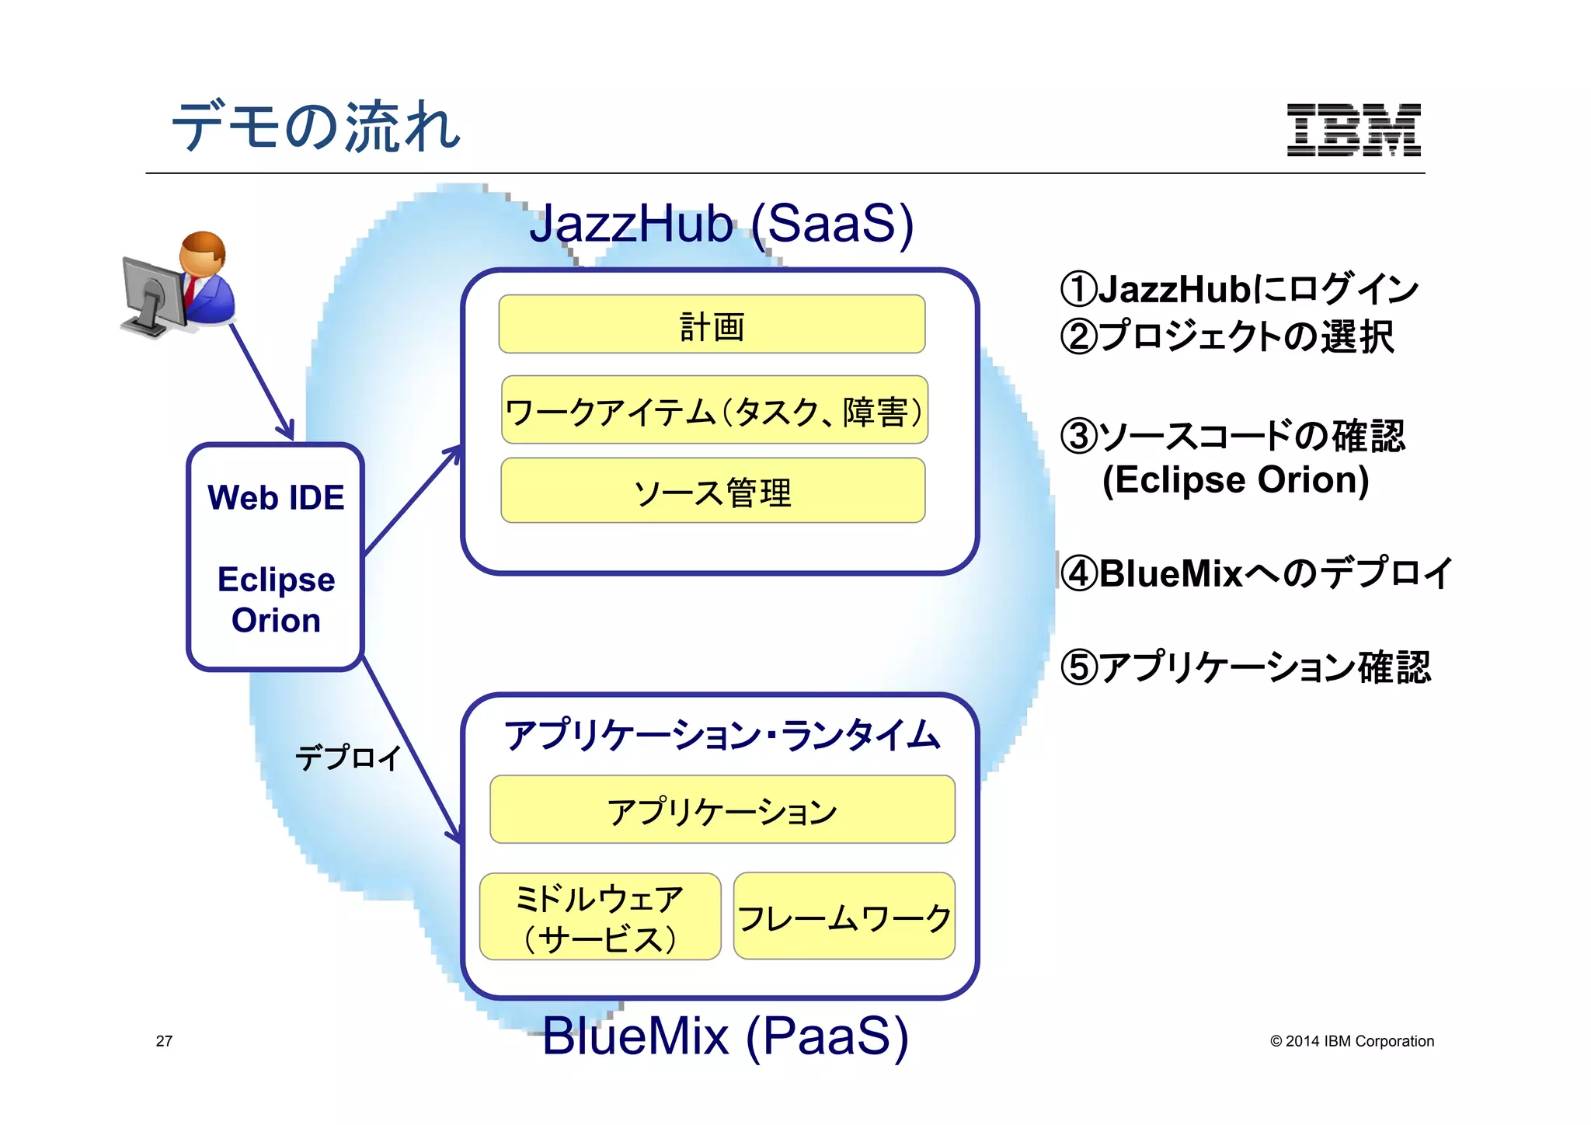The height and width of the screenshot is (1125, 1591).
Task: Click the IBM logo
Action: coord(1353,130)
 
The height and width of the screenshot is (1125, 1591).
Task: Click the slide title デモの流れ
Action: coord(316,126)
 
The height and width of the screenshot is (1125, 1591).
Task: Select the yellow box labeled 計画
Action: coord(712,325)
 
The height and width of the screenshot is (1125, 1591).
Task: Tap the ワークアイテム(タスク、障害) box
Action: coord(715,410)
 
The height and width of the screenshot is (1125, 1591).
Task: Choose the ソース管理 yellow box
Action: coord(712,491)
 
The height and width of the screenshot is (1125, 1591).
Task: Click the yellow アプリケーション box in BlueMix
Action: coord(722,810)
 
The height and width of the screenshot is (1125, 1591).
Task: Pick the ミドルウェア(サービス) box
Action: coord(600,917)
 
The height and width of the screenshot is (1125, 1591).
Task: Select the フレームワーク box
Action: coord(844,917)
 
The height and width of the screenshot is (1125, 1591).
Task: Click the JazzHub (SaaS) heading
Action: coord(722,224)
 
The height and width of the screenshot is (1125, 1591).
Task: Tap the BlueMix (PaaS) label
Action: coord(725,1036)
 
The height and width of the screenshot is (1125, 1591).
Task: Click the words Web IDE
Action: coord(276,498)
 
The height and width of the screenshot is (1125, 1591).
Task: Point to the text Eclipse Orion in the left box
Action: coord(276,600)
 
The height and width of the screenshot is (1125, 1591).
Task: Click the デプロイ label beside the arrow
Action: coord(347,757)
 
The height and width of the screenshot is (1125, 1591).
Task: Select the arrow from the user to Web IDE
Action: coord(262,381)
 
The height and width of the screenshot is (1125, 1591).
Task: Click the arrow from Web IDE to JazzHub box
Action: coord(412,500)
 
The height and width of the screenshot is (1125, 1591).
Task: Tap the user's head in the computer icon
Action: coord(203,252)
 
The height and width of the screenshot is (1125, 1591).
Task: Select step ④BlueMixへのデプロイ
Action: coord(1255,573)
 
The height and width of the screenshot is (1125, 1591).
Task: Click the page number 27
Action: coord(164,1041)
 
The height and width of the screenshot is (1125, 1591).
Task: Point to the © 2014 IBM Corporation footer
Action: coord(1352,1041)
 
